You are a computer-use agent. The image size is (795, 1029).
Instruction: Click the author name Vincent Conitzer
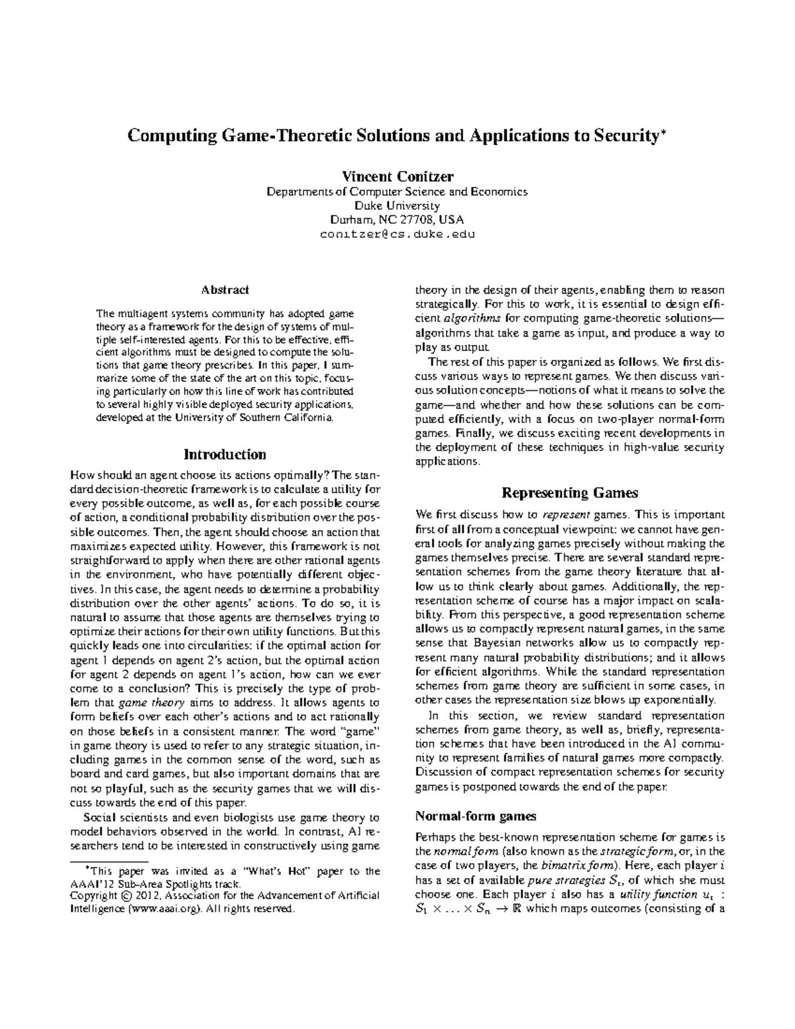(x=397, y=176)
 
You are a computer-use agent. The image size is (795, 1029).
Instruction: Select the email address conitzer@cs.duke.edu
(x=397, y=235)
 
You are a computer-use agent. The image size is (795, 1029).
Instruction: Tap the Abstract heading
(x=225, y=290)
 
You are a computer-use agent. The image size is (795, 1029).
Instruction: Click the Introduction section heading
(x=225, y=455)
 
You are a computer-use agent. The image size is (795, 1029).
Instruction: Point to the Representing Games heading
(x=570, y=492)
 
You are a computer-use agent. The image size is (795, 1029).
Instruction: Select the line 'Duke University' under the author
(x=397, y=205)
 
